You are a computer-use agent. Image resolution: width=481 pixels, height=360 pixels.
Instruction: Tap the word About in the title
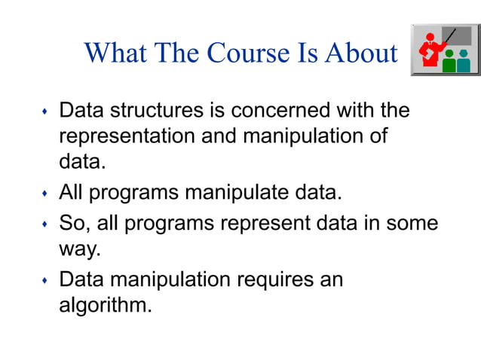point(361,53)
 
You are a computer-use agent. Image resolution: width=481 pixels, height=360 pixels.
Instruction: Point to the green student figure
point(449,62)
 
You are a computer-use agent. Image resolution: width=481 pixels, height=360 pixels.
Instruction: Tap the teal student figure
point(464,62)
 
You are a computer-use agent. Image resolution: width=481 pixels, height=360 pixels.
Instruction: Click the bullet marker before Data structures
point(44,114)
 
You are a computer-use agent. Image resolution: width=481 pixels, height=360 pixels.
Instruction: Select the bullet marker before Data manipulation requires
point(44,282)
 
